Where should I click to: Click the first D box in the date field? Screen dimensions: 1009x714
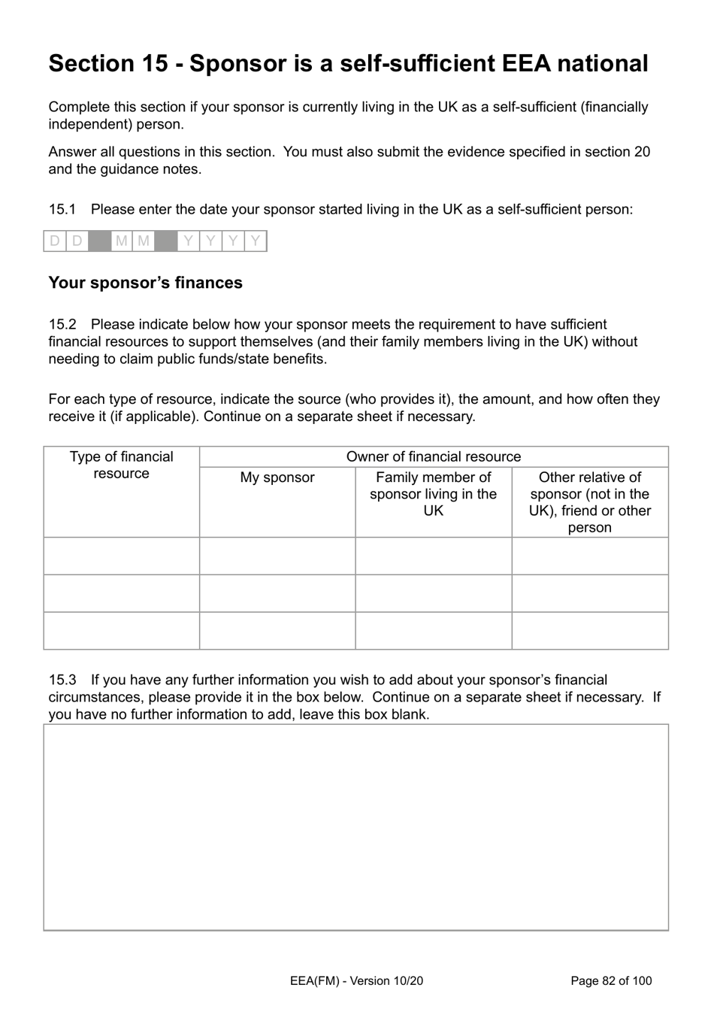pyautogui.click(x=54, y=241)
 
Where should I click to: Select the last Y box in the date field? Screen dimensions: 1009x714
pyautogui.click(x=256, y=241)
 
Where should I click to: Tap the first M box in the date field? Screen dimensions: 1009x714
pyautogui.click(x=121, y=241)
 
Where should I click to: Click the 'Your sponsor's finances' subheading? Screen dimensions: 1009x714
pyautogui.click(x=145, y=283)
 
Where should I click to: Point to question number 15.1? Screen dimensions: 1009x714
pyautogui.click(x=62, y=209)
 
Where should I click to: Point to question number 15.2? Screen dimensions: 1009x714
pyautogui.click(x=62, y=324)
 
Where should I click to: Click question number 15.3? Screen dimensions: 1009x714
pyautogui.click(x=62, y=680)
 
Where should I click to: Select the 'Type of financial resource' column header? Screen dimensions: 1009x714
pyautogui.click(x=121, y=465)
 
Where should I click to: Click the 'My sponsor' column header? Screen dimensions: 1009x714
pyautogui.click(x=277, y=477)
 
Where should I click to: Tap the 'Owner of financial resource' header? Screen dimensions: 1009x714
pyautogui.click(x=434, y=456)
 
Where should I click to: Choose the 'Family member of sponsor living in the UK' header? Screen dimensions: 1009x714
pyautogui.click(x=434, y=494)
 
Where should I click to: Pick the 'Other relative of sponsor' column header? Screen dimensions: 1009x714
pyautogui.click(x=590, y=501)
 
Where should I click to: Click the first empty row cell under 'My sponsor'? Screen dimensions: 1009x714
pyautogui.click(x=277, y=556)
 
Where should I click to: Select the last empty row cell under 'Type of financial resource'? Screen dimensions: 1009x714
pyautogui.click(x=121, y=631)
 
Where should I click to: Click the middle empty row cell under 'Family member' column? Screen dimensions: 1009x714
pyautogui.click(x=434, y=593)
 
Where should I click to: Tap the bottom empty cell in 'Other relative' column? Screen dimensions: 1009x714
pyautogui.click(x=590, y=631)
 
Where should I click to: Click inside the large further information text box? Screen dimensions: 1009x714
pyautogui.click(x=355, y=827)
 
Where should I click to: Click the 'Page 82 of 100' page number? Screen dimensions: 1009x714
pyautogui.click(x=611, y=980)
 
